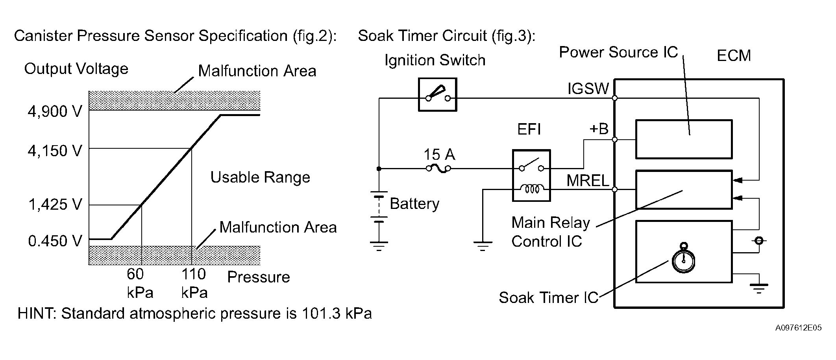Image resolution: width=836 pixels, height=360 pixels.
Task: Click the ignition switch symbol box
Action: point(437,95)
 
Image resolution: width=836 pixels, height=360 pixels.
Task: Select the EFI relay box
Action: point(531,175)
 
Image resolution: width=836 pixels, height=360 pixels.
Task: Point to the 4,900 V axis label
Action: point(55,112)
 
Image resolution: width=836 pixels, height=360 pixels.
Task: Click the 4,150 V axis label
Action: point(55,151)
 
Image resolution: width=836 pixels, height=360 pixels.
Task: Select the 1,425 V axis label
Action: point(55,205)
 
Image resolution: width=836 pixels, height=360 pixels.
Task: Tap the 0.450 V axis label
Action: point(55,241)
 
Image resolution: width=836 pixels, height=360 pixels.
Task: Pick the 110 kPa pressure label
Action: point(194,283)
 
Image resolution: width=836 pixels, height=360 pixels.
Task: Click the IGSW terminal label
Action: point(588,89)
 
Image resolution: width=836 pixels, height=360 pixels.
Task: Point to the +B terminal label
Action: point(599,129)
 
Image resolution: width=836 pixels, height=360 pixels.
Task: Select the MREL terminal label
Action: point(588,181)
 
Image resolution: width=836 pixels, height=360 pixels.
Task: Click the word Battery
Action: point(414,204)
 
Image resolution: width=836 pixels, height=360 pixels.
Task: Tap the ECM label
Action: point(734,55)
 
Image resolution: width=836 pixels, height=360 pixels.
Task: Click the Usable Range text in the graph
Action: point(260,177)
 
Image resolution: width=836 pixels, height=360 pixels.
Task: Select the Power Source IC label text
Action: point(618,52)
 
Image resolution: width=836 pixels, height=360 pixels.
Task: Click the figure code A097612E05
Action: point(799,328)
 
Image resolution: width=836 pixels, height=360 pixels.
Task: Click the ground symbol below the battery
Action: point(379,246)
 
